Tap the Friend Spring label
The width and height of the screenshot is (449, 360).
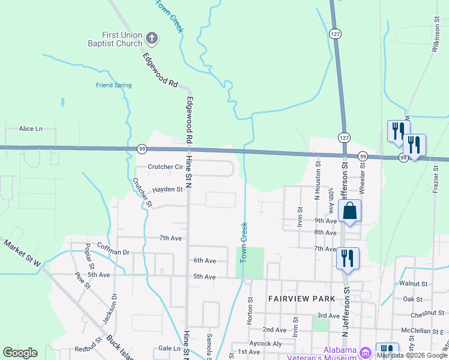[x=113, y=85]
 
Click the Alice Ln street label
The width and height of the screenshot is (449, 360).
[x=31, y=128]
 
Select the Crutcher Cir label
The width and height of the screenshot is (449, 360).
[x=165, y=167]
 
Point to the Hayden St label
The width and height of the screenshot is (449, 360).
[x=167, y=189]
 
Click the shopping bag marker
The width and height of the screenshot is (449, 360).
[x=349, y=211]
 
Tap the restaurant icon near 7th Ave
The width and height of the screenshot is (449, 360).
[x=347, y=258]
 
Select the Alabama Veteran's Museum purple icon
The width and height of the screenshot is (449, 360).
[x=364, y=351]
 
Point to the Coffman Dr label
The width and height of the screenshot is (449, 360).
[x=113, y=253]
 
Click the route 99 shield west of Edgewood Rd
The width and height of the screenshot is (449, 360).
[x=142, y=148]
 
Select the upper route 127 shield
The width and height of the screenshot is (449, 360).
[x=336, y=34]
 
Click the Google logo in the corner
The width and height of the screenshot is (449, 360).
[x=20, y=353]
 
